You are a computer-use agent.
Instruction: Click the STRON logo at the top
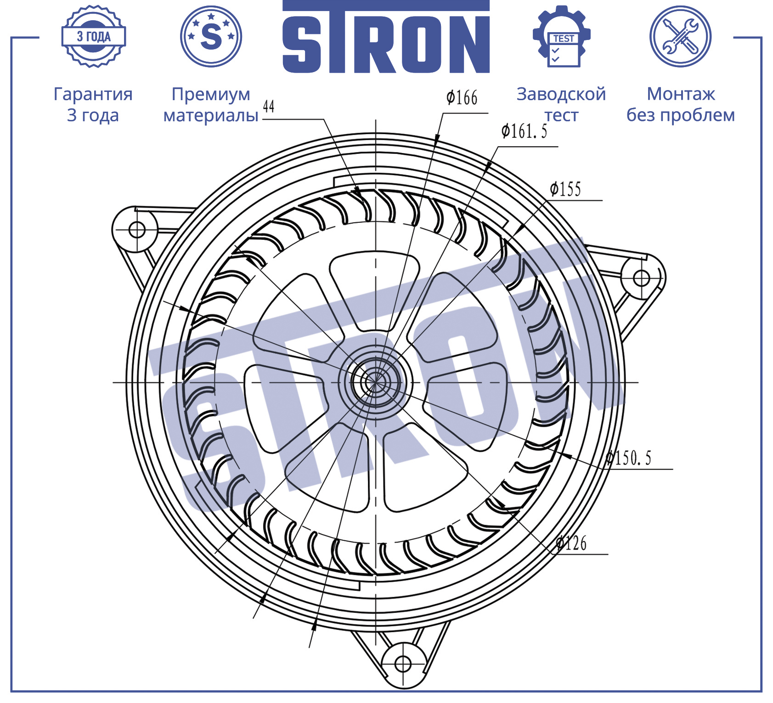pos(386,37)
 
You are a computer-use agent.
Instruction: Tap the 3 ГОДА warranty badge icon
pos(94,36)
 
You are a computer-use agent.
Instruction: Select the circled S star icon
pos(211,36)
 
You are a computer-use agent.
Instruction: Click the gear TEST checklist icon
pos(562,36)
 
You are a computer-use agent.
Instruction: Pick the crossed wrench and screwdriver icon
pos(681,36)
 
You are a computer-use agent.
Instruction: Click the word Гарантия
pos(93,94)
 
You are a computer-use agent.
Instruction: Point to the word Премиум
pos(211,95)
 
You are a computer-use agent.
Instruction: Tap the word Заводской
pos(561,94)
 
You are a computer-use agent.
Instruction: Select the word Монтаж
pos(681,94)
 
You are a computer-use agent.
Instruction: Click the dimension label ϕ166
pos(462,98)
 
